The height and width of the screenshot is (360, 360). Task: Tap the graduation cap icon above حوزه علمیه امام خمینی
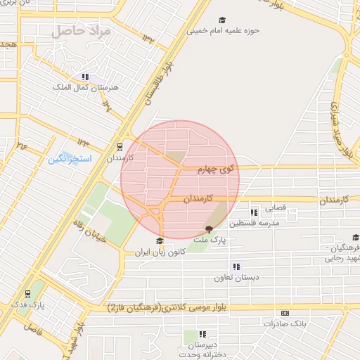(x=223, y=21)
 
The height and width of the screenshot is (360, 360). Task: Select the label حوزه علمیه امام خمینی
(x=223, y=32)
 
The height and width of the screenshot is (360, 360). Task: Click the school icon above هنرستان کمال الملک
(x=85, y=77)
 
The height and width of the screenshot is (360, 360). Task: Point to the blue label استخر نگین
(x=70, y=159)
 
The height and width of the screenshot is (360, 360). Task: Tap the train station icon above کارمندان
(x=119, y=148)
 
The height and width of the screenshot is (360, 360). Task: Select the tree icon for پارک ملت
(x=208, y=229)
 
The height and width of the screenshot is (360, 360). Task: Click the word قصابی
(x=273, y=208)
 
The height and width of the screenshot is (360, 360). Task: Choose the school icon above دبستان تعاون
(x=236, y=266)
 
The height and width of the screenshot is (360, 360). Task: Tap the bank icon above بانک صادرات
(x=285, y=313)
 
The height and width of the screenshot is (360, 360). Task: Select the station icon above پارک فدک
(x=27, y=293)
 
